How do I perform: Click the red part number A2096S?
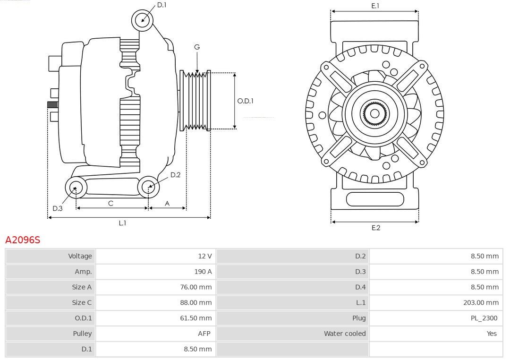[23, 240]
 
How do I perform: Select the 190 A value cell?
[203, 272]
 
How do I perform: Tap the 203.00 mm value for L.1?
[481, 302]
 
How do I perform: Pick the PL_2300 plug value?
[484, 318]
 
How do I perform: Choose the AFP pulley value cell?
[204, 334]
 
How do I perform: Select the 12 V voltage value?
[204, 256]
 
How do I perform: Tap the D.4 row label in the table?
[360, 287]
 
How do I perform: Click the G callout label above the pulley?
[197, 47]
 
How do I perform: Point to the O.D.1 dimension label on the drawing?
[246, 101]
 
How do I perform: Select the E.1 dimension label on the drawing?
[375, 6]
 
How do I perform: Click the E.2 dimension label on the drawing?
[375, 228]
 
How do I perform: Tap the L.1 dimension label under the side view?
[122, 223]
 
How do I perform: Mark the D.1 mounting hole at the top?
[142, 20]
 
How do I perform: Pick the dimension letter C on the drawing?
[110, 203]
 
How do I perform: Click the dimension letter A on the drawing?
[167, 203]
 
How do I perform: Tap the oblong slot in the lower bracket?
[375, 199]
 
